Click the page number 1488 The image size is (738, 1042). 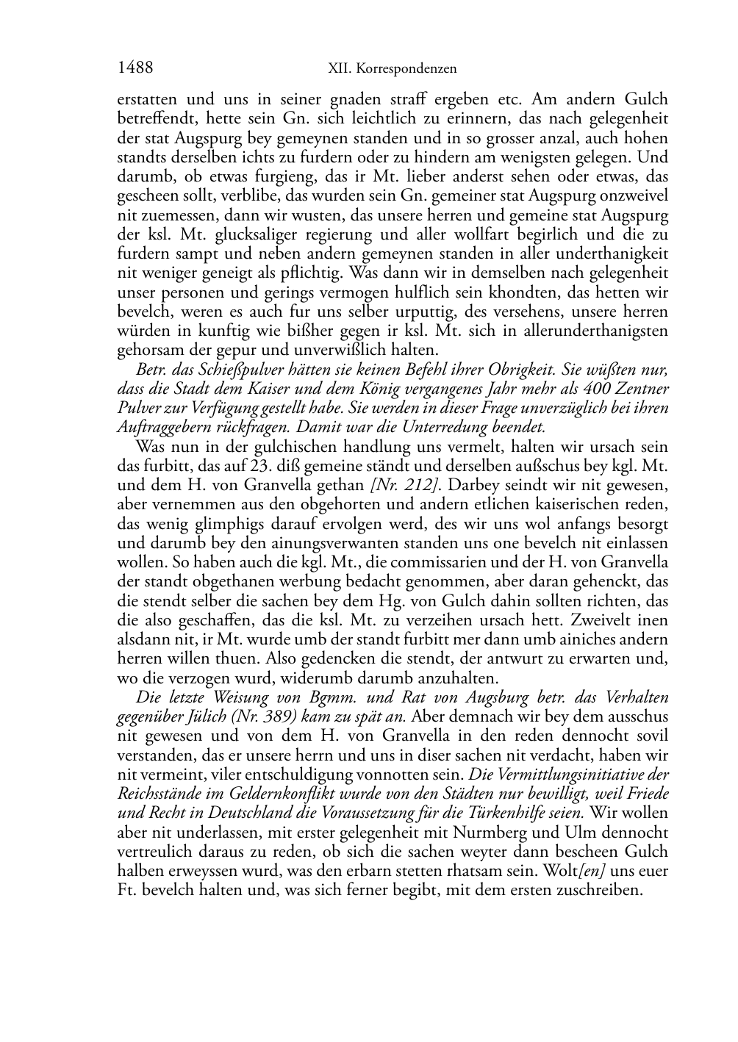(x=135, y=68)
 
